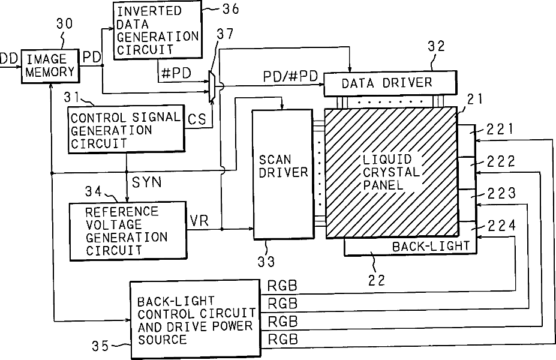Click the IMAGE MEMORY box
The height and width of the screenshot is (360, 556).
pyautogui.click(x=51, y=66)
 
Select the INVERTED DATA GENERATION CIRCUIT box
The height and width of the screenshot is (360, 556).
pyautogui.click(x=157, y=29)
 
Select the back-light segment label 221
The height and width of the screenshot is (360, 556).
pyautogui.click(x=499, y=129)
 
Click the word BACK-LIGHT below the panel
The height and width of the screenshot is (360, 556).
pyautogui.click(x=431, y=247)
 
